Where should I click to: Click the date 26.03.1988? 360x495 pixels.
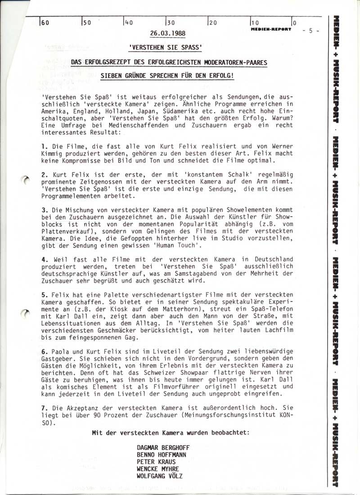tap(167, 34)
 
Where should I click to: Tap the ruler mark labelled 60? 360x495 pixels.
tap(45, 23)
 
